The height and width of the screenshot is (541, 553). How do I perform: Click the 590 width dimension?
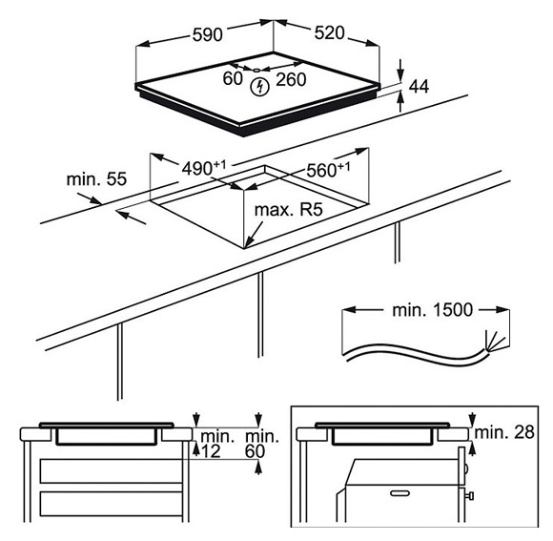[208, 34]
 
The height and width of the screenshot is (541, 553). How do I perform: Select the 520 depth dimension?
[329, 32]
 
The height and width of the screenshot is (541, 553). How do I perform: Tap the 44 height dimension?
[419, 87]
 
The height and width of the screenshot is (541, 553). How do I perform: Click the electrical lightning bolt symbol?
[260, 87]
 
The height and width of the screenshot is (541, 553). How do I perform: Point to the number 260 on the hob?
[291, 79]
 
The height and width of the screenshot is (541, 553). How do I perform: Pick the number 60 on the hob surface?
[233, 78]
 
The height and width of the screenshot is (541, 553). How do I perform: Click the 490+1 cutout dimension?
[203, 168]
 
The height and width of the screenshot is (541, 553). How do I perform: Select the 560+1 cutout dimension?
[328, 170]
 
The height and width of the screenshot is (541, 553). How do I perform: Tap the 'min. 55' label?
[96, 179]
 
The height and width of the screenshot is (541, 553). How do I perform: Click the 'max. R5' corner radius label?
[289, 210]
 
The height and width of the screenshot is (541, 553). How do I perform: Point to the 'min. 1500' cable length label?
[432, 310]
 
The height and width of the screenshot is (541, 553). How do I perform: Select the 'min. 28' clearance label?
[504, 432]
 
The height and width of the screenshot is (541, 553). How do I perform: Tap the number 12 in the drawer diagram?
[211, 451]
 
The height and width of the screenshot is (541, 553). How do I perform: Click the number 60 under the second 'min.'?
[255, 451]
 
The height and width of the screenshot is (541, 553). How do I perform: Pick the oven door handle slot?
[399, 492]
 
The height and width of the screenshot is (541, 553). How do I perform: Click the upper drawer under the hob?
[112, 471]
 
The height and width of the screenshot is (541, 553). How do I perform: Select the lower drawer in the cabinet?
[112, 504]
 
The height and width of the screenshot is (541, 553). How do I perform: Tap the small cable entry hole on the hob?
[256, 70]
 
